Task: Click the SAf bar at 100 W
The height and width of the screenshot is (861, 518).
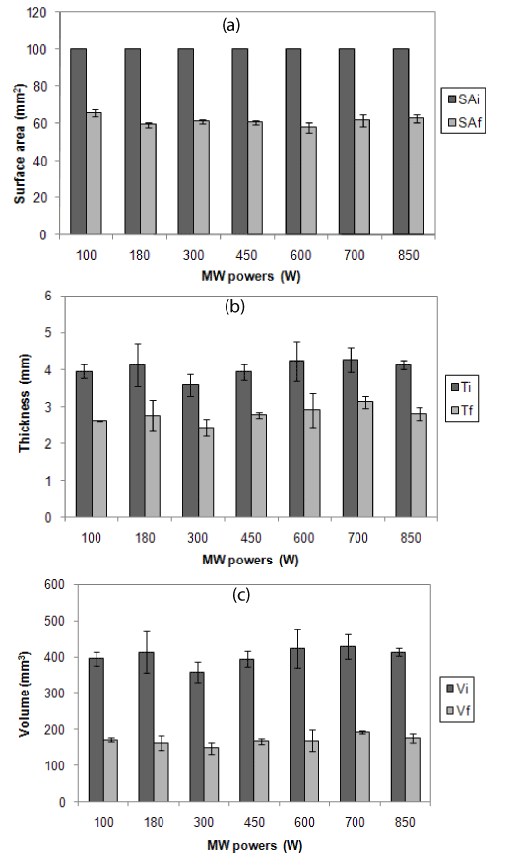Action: point(94,174)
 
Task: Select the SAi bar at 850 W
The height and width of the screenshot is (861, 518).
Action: point(401,142)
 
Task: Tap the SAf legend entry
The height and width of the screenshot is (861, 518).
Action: point(465,123)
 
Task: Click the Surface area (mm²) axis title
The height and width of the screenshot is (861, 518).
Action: point(21,144)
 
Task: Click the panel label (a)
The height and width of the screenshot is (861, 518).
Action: point(231,25)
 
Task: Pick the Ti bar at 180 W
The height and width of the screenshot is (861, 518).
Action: point(137,441)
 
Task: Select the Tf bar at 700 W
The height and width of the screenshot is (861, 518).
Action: point(365,460)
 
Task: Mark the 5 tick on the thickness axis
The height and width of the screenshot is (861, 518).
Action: point(56,333)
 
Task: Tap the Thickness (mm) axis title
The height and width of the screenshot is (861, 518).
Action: point(25,404)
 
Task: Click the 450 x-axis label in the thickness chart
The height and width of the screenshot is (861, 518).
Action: point(251,538)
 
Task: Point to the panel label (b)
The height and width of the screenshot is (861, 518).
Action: point(234,307)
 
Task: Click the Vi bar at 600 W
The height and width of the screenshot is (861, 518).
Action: point(297,725)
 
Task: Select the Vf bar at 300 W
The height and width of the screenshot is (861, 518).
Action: point(212,774)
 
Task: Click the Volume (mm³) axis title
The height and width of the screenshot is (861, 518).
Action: point(25,694)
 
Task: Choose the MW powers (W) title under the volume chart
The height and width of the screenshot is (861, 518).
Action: point(254,845)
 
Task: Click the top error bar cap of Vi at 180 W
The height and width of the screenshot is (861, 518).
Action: point(146,632)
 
